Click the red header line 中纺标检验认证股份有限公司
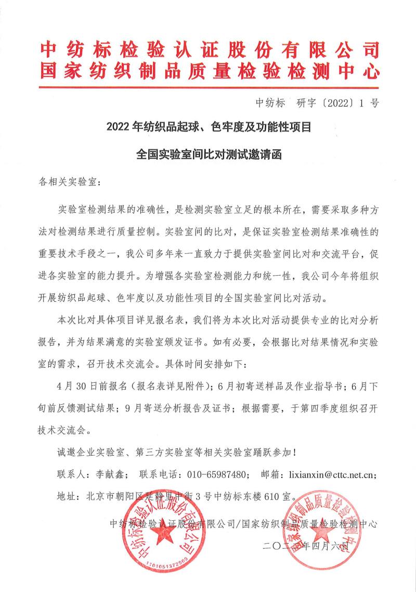click(x=208, y=51)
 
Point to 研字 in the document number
click(x=307, y=102)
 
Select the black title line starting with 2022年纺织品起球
click(x=208, y=126)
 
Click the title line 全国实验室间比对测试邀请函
click(x=208, y=155)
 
